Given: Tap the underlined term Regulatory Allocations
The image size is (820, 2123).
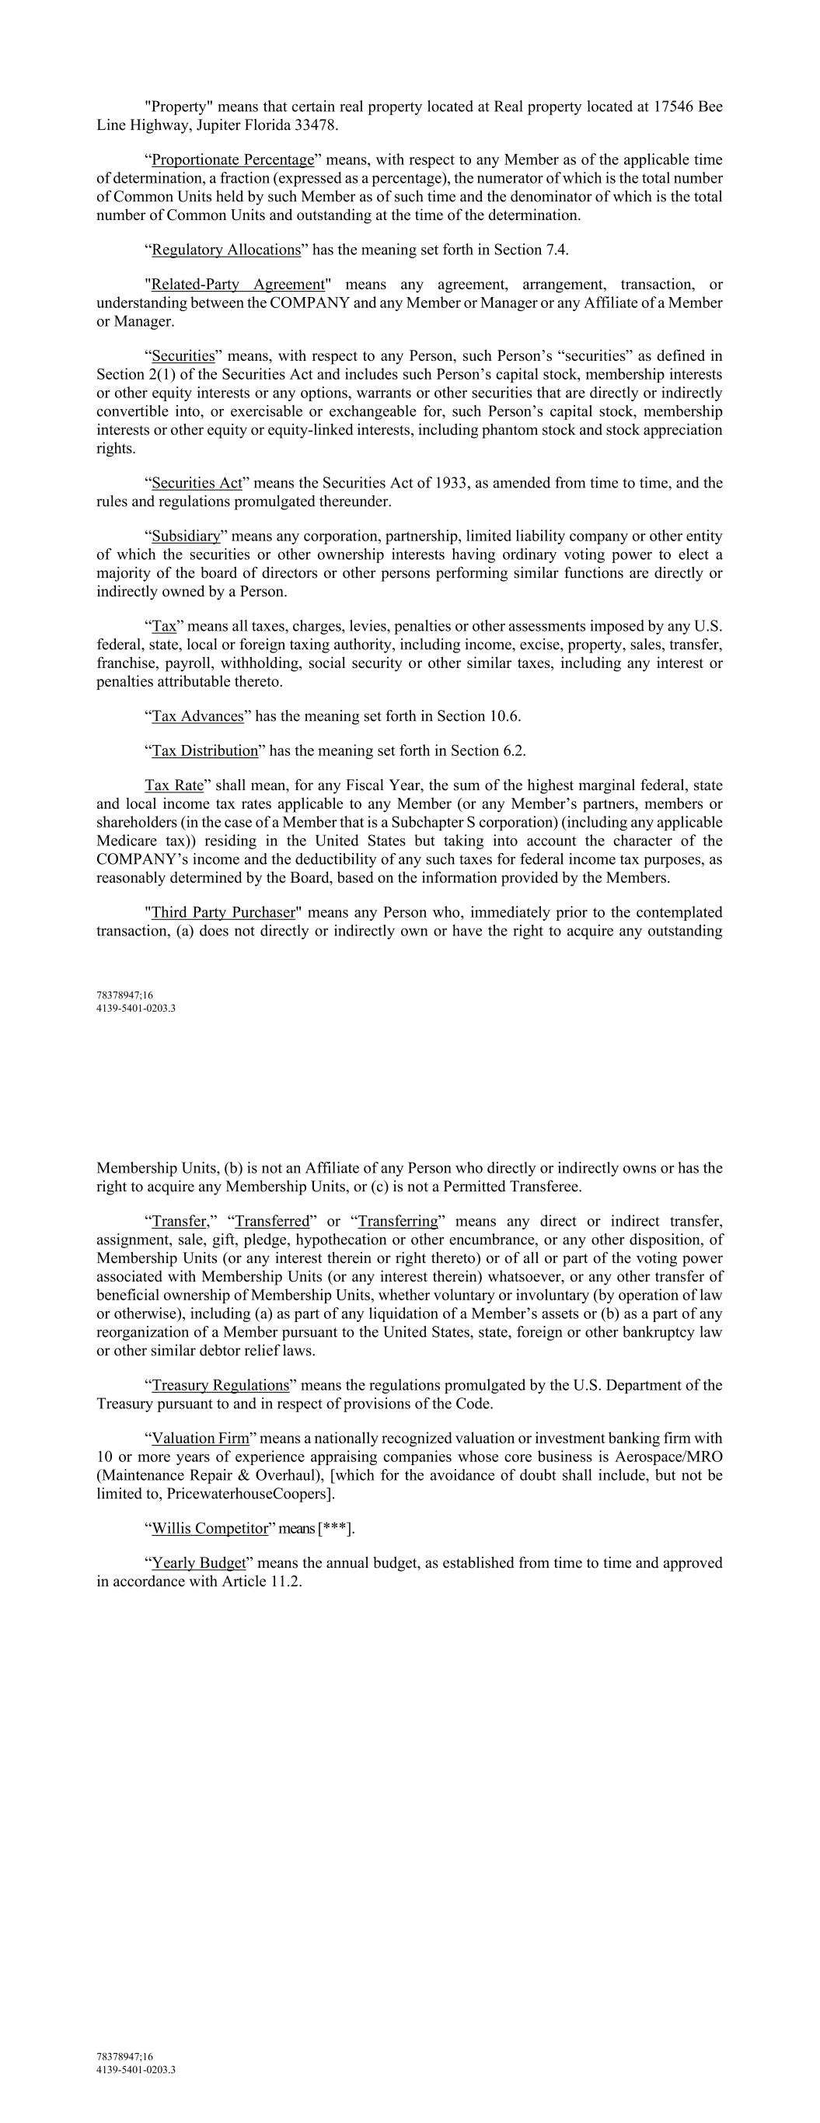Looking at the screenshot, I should pos(226,250).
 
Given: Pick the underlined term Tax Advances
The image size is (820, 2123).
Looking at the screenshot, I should pos(197,716).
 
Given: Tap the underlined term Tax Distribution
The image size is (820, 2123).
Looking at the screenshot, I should pos(205,750).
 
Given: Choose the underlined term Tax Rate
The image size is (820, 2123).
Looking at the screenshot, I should pos(174,786).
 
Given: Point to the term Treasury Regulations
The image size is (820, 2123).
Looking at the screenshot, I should pos(221,1385).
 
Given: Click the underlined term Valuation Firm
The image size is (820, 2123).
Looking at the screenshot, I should pos(201,1439).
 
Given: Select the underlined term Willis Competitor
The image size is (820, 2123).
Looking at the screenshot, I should pos(210,1529).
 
